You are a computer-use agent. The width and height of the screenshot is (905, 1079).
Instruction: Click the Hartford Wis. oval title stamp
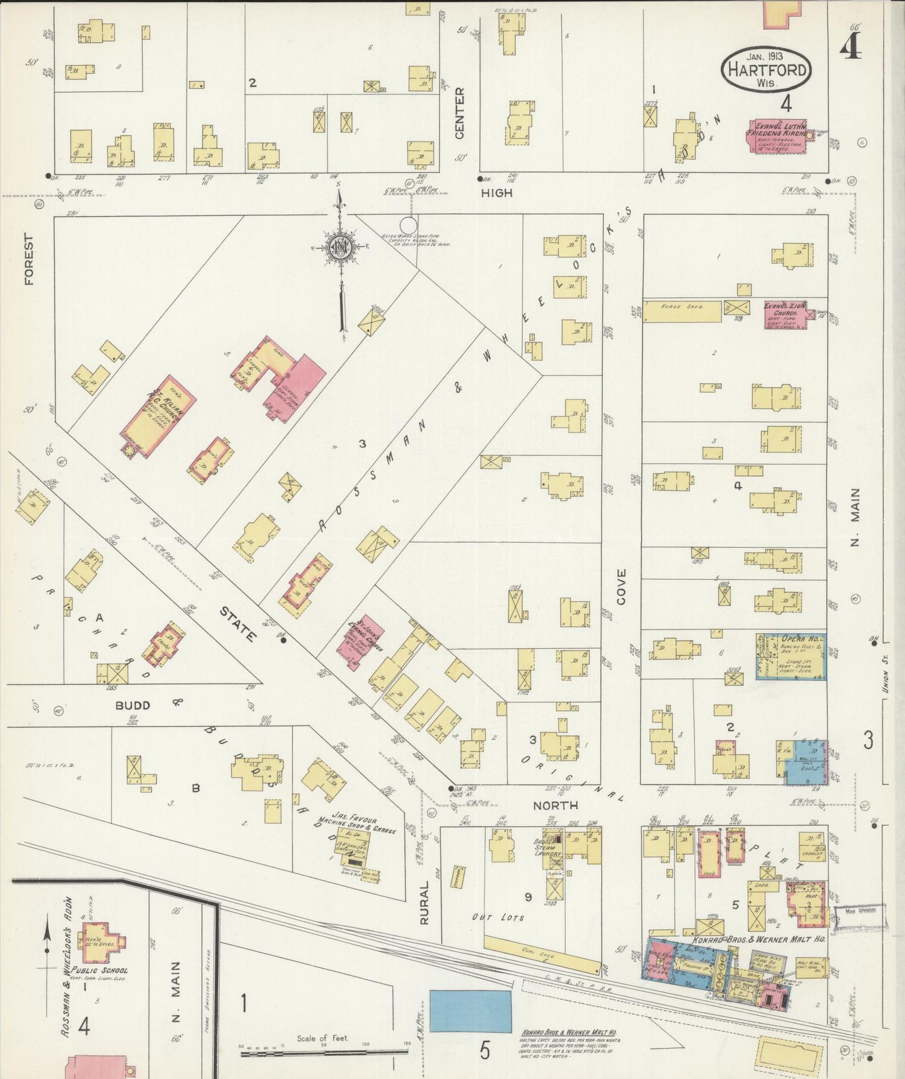766,70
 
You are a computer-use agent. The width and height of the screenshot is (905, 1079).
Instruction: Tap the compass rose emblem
339,247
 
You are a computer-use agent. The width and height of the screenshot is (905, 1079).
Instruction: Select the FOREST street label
29,259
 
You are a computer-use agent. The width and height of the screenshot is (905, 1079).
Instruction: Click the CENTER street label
460,113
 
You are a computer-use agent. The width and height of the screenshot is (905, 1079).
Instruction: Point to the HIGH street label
497,194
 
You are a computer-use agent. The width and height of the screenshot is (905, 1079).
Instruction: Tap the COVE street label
621,587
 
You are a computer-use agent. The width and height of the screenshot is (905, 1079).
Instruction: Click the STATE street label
238,624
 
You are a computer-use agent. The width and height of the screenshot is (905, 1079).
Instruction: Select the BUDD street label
133,705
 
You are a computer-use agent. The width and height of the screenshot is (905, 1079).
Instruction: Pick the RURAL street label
424,903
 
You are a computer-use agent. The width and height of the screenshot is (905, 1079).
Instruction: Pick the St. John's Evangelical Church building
361,643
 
